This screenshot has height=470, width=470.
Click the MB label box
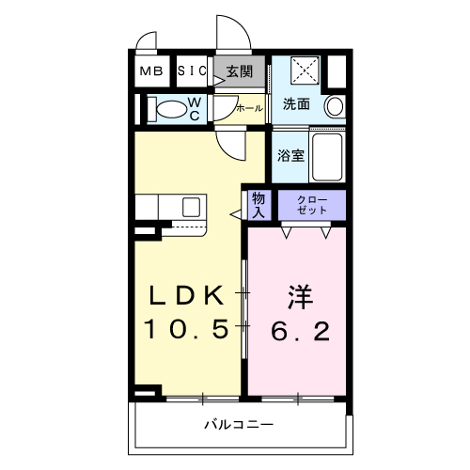point(150,71)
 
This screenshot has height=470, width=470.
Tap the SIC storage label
point(192,71)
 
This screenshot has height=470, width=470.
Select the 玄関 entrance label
point(240,71)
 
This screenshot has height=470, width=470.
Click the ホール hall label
point(249,108)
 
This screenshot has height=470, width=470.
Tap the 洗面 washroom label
point(297,104)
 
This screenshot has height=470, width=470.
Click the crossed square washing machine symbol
point(304,70)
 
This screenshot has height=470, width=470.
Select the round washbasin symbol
point(335,107)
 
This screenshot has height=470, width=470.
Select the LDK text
point(187,295)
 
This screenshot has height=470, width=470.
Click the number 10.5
point(187,330)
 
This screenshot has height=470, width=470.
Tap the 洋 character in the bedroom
point(298,296)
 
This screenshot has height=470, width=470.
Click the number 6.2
point(299,330)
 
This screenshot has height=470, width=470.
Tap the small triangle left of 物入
point(235,214)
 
